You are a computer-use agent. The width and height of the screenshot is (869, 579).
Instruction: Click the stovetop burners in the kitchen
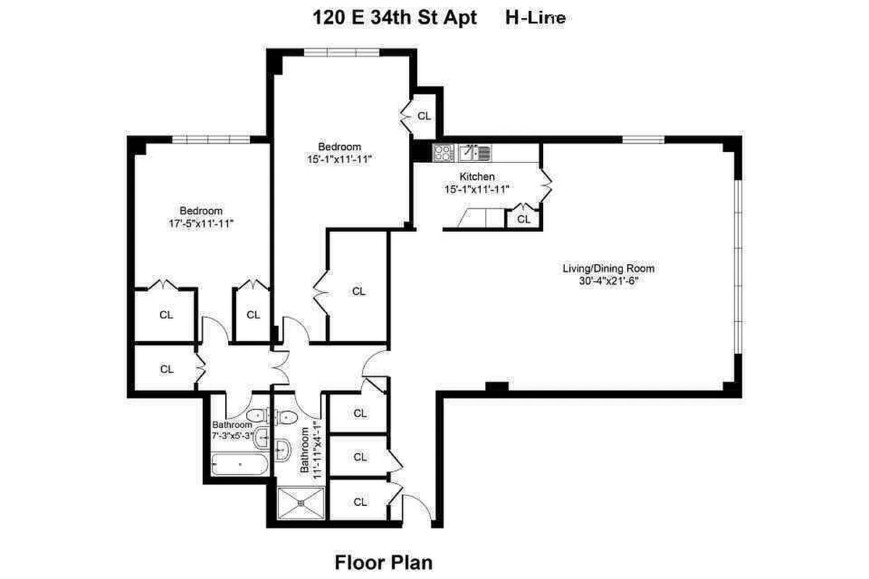coord(442,152)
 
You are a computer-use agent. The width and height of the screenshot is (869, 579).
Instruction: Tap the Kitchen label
coord(477,177)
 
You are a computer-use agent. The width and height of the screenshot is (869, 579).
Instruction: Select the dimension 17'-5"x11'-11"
coord(201,224)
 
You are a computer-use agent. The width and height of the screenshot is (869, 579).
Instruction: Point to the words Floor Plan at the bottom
coord(383,562)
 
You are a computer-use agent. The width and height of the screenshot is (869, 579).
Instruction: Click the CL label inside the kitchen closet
coord(524,218)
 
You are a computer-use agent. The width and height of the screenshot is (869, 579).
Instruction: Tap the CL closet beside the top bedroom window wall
coord(424,115)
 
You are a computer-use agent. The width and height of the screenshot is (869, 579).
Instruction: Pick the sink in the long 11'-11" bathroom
coord(283,450)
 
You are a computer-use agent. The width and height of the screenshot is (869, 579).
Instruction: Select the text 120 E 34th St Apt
coord(395,18)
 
